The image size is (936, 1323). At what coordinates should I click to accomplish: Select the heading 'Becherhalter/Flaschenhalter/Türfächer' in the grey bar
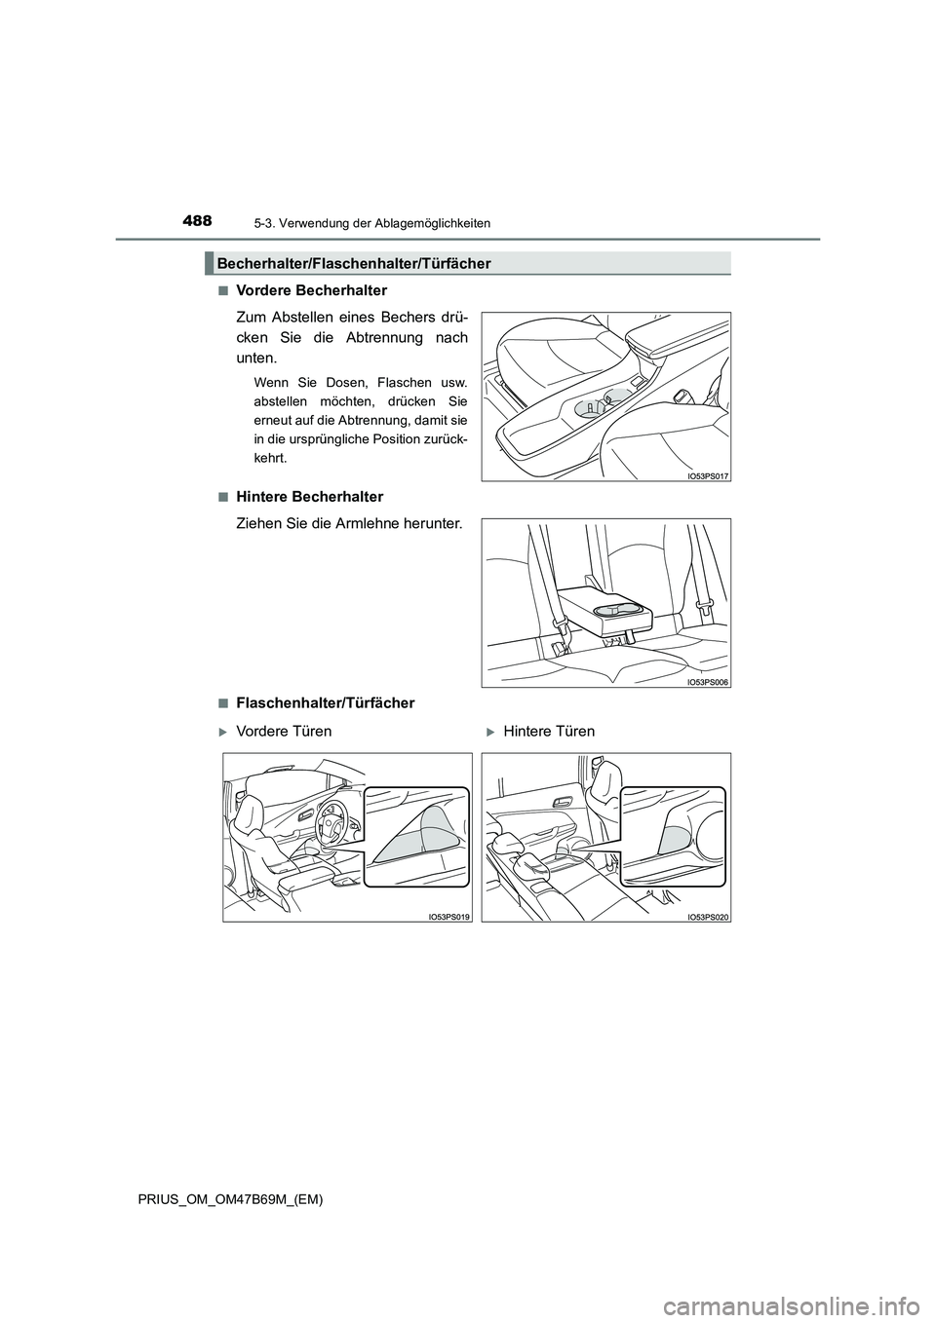tap(353, 263)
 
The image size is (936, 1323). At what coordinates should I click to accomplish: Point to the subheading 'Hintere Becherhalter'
tap(309, 497)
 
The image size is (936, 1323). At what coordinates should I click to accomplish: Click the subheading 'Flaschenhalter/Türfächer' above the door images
tap(325, 702)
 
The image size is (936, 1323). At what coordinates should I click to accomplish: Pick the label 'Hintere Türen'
tap(549, 731)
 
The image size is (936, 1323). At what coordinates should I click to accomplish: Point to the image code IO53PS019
tap(448, 917)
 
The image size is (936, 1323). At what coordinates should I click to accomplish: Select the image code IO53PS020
tap(708, 917)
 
